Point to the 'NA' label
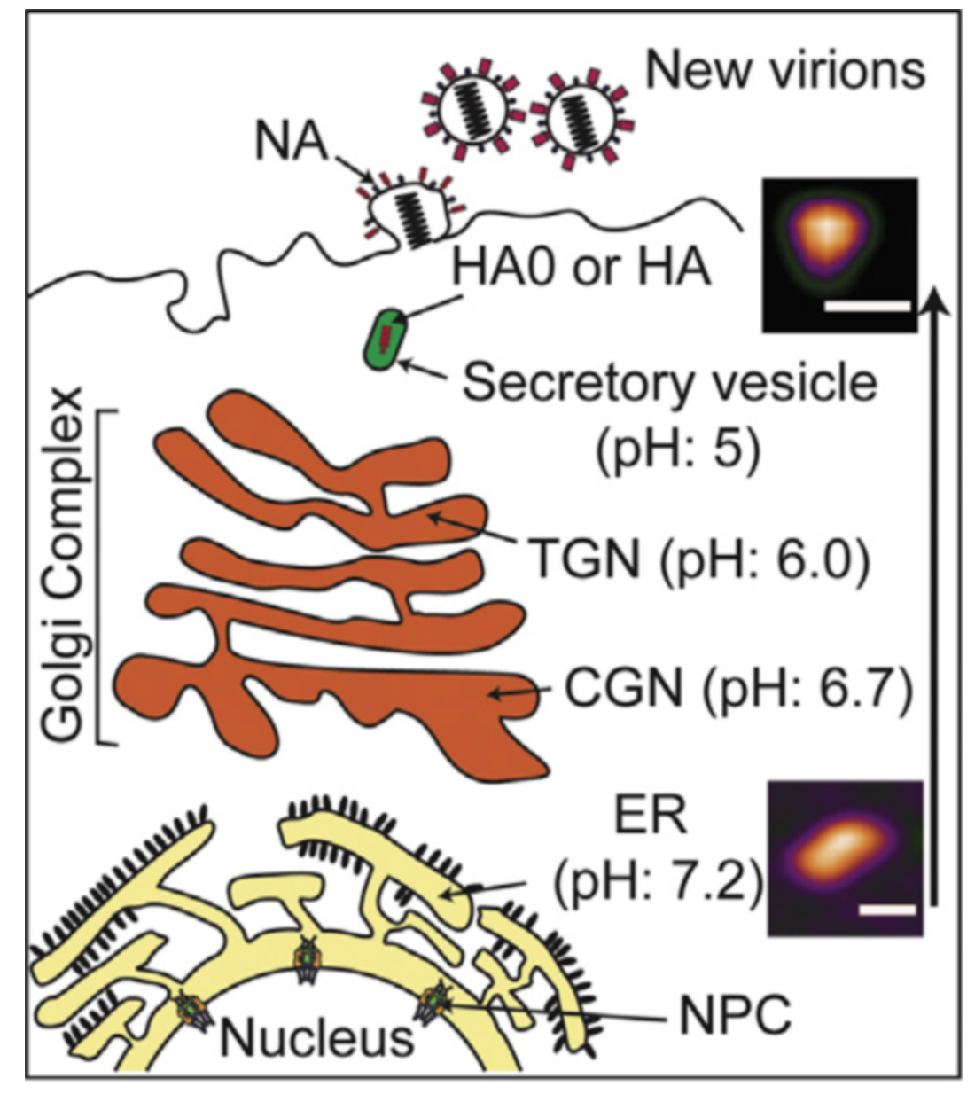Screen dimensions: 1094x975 tap(291, 142)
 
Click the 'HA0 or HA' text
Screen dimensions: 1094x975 tap(581, 266)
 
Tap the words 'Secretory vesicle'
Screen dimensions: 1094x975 tap(670, 382)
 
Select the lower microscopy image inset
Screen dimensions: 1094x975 tap(845, 856)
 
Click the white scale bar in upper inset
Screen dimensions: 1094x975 tap(867, 306)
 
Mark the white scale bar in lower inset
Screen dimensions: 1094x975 tap(886, 910)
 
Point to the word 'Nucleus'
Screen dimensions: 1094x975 tap(316, 1036)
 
